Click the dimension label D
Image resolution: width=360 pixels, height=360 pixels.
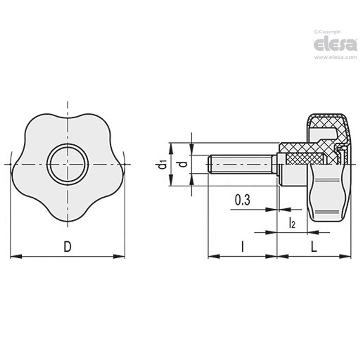(x=68, y=247)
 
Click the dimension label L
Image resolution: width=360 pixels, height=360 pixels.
(x=314, y=247)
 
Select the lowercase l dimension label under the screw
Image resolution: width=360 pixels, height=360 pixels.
(x=242, y=247)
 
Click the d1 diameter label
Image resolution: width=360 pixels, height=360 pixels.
(x=162, y=164)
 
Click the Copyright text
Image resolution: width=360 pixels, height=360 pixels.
(x=329, y=32)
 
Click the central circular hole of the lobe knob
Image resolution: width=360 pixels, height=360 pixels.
(x=68, y=164)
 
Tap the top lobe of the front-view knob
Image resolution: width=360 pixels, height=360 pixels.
(x=68, y=119)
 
